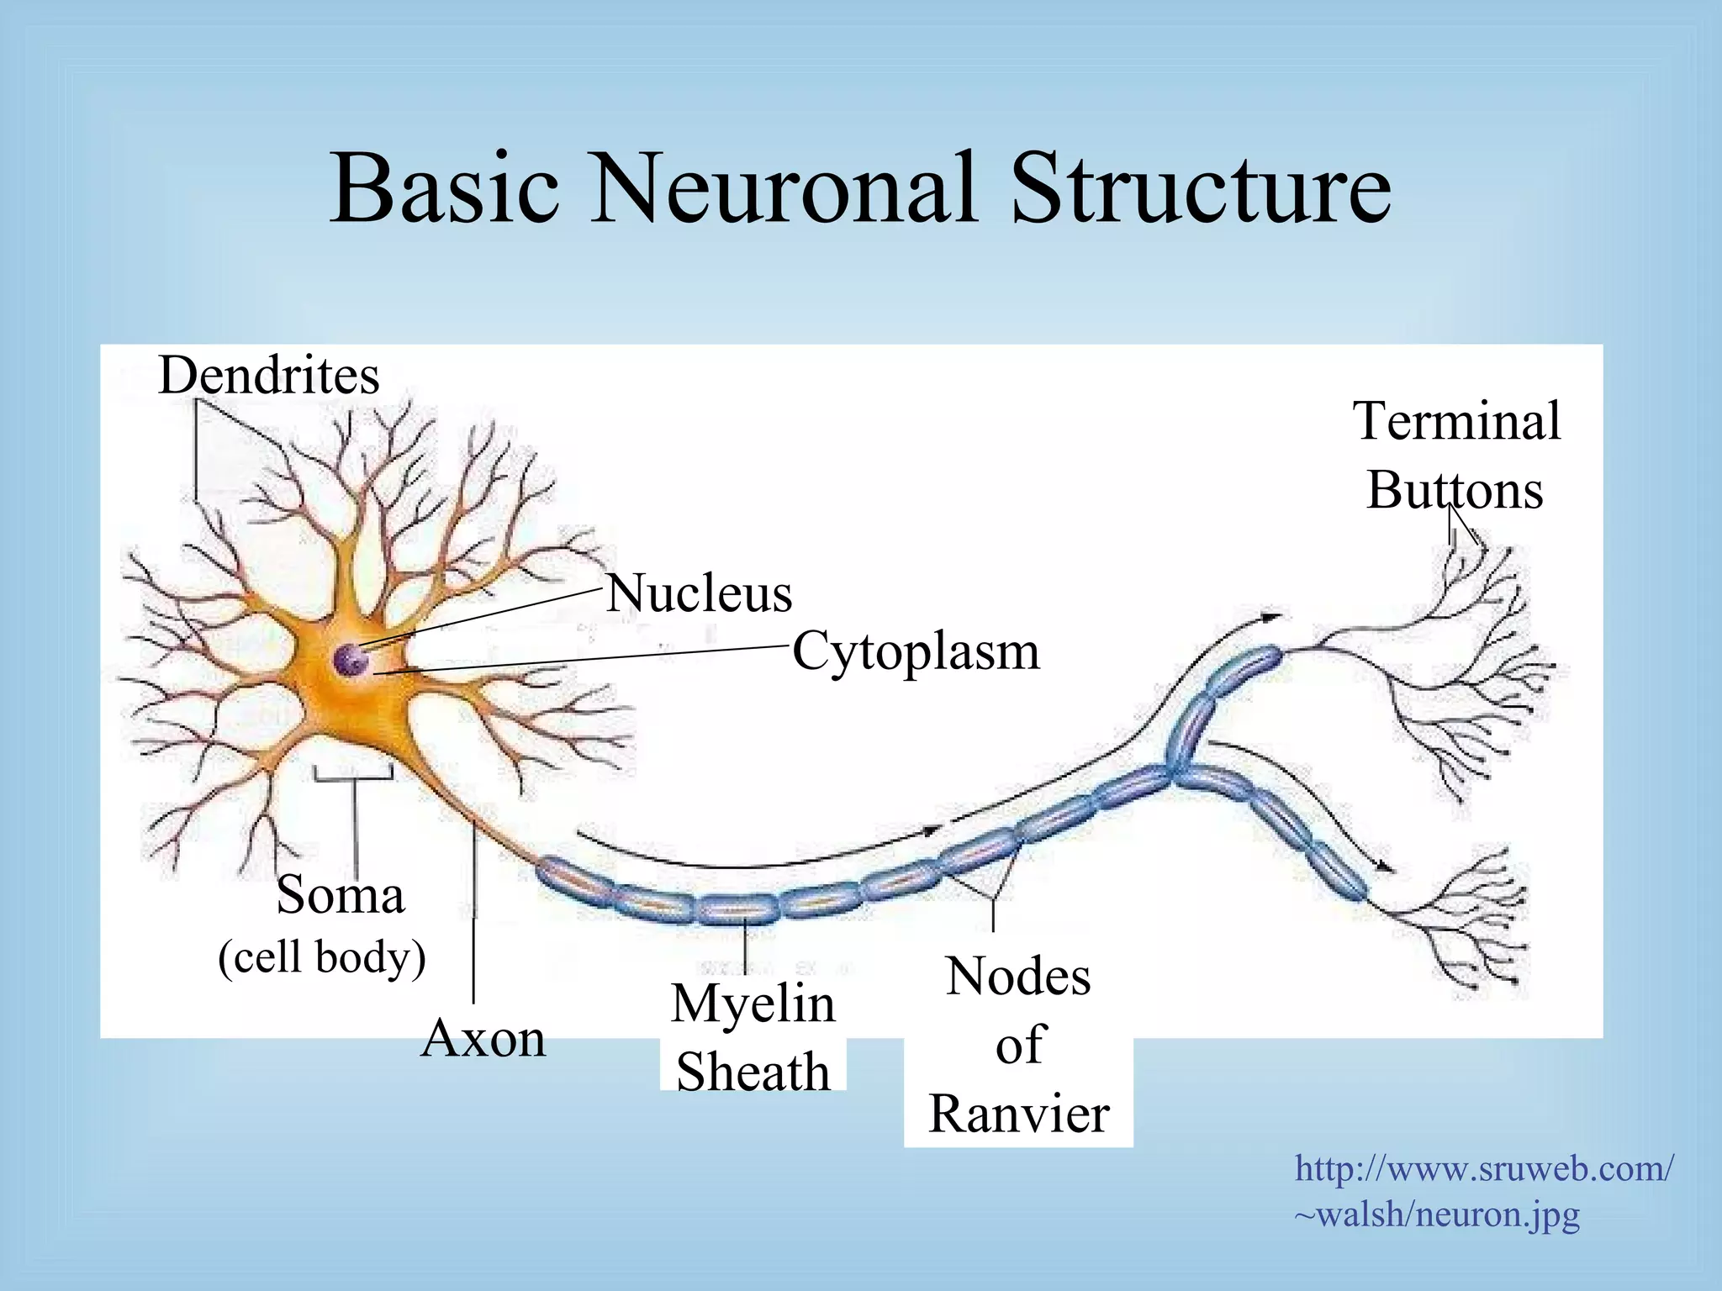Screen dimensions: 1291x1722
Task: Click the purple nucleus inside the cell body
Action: (351, 660)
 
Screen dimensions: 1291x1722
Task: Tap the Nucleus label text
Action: (699, 593)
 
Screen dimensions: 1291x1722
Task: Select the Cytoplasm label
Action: (916, 652)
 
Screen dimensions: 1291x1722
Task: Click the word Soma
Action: (341, 894)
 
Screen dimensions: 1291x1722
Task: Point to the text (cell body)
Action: (322, 956)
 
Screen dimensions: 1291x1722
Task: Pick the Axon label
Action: (483, 1039)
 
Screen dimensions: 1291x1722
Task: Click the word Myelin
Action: (753, 1004)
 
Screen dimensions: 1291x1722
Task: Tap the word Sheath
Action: (753, 1072)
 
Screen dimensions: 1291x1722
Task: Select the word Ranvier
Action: (1018, 1114)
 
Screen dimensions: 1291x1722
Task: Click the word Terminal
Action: (1456, 421)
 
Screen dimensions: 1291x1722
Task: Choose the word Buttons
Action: (1455, 490)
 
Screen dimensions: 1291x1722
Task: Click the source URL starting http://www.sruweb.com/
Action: (1484, 1168)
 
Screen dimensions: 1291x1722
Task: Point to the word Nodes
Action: (1018, 977)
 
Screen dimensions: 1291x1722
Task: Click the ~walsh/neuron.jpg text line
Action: (1437, 1215)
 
